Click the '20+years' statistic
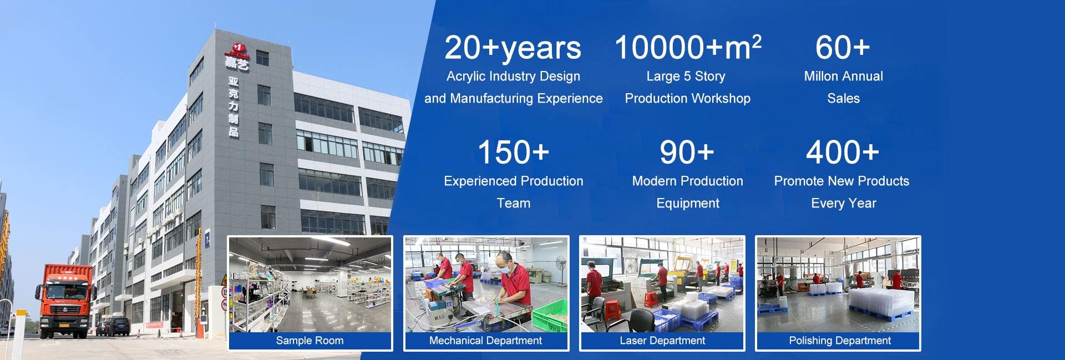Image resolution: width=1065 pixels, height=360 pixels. pyautogui.click(x=513, y=48)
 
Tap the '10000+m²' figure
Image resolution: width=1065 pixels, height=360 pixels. pyautogui.click(x=687, y=47)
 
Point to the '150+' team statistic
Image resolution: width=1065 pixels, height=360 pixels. pyautogui.click(x=513, y=153)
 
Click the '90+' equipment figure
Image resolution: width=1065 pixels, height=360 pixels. pyautogui.click(x=687, y=153)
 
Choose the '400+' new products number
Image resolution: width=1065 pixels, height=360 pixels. pyautogui.click(x=842, y=153)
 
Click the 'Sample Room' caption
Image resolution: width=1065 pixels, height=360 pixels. pyautogui.click(x=310, y=341)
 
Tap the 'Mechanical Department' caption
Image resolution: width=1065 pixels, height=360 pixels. pyautogui.click(x=485, y=341)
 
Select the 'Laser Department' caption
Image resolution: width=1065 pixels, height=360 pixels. pyautogui.click(x=662, y=341)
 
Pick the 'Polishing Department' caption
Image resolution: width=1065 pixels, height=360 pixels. pyautogui.click(x=839, y=341)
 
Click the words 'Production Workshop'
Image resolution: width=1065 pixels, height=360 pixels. pyautogui.click(x=687, y=99)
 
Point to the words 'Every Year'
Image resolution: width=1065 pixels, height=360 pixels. pyautogui.click(x=843, y=204)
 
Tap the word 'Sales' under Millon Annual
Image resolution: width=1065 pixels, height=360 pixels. pyautogui.click(x=843, y=99)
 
